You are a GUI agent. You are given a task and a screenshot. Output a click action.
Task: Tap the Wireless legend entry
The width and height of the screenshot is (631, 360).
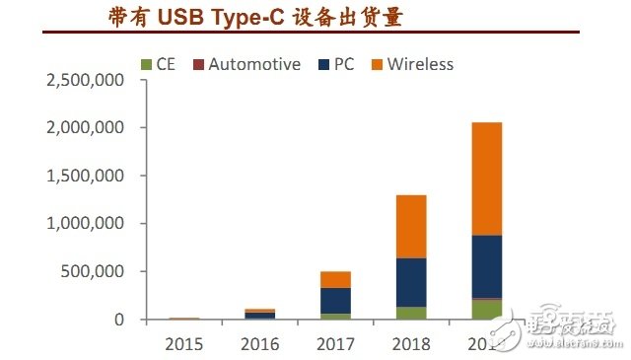pyautogui.click(x=412, y=64)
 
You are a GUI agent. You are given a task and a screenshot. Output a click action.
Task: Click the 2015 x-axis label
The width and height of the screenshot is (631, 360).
pyautogui.click(x=184, y=344)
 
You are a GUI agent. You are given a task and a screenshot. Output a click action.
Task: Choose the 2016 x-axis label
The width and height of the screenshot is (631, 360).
pyautogui.click(x=259, y=344)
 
